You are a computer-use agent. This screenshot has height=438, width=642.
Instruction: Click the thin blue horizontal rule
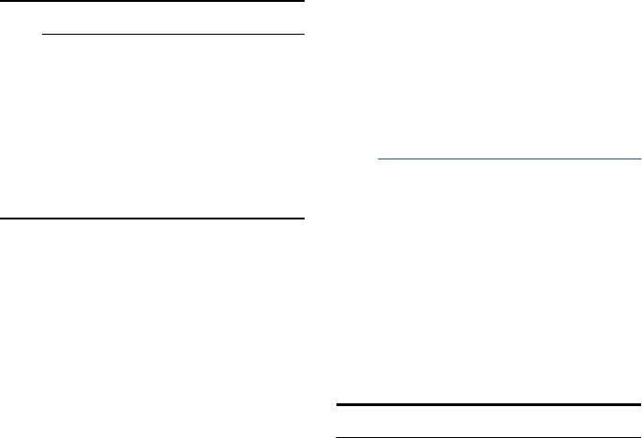click(x=507, y=159)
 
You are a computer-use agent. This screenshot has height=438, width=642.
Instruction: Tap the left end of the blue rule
click(x=377, y=159)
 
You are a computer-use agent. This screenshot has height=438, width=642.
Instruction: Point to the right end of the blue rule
click(x=639, y=159)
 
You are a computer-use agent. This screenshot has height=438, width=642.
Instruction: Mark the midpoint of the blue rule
click(x=508, y=159)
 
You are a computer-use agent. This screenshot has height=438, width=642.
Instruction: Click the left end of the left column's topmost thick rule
click(x=1, y=3)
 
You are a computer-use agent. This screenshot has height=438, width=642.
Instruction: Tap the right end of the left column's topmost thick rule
click(x=305, y=3)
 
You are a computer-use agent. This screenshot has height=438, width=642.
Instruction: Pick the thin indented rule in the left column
click(x=173, y=35)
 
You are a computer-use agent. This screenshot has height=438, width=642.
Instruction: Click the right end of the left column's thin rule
click(x=305, y=35)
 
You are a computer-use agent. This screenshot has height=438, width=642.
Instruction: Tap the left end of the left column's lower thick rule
click(x=1, y=219)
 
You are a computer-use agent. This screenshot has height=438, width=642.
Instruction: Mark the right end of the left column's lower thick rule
click(x=305, y=219)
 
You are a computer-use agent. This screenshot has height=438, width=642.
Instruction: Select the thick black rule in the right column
click(x=488, y=406)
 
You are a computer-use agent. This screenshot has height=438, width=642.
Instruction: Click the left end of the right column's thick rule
click(x=337, y=406)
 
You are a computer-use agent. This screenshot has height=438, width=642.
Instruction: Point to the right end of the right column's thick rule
click(x=640, y=406)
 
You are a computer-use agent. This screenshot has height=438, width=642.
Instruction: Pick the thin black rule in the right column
click(x=488, y=436)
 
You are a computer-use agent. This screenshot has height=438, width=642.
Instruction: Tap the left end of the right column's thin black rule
click(x=337, y=436)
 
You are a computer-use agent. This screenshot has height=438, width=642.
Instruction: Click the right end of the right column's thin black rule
click(x=640, y=436)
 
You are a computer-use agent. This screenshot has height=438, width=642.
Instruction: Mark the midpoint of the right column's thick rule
click(x=488, y=406)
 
